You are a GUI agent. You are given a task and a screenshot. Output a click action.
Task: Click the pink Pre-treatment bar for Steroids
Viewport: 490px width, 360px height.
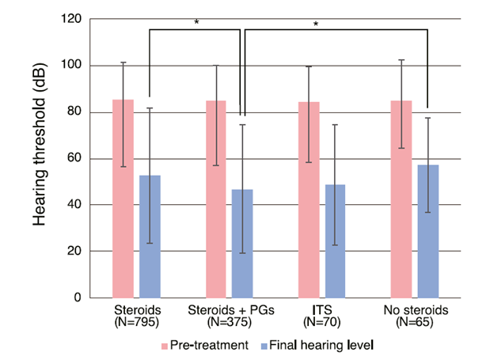coord(123,198)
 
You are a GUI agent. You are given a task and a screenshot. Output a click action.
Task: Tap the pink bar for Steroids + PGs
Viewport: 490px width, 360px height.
coord(216,199)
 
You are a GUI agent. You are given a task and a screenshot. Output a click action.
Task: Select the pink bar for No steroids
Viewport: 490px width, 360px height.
coord(401,199)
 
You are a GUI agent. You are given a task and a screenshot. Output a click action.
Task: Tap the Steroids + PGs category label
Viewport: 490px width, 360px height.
coord(230,309)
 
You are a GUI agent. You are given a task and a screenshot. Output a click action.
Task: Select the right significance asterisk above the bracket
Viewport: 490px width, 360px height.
coord(316,24)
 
